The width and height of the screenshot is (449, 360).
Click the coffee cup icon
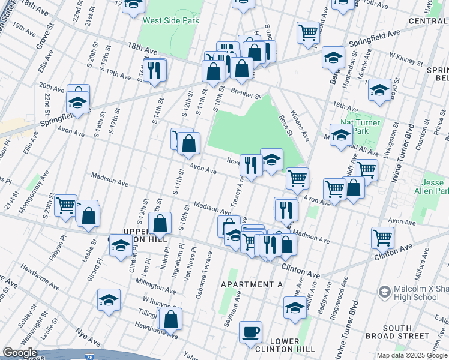tap(250, 331)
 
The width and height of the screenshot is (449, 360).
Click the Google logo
tap(20, 353)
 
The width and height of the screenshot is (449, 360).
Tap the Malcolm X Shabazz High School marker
tap(384, 292)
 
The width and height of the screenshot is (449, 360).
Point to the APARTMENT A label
tap(252, 284)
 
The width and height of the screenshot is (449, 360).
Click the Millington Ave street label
tap(154, 280)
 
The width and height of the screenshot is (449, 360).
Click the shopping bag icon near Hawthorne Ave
tap(171, 319)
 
